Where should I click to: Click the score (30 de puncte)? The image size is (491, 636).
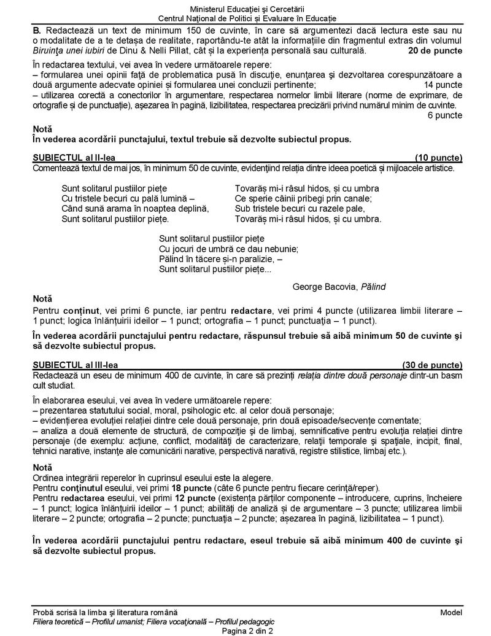(x=432, y=365)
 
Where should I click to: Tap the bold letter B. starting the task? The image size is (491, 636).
(x=37, y=30)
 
